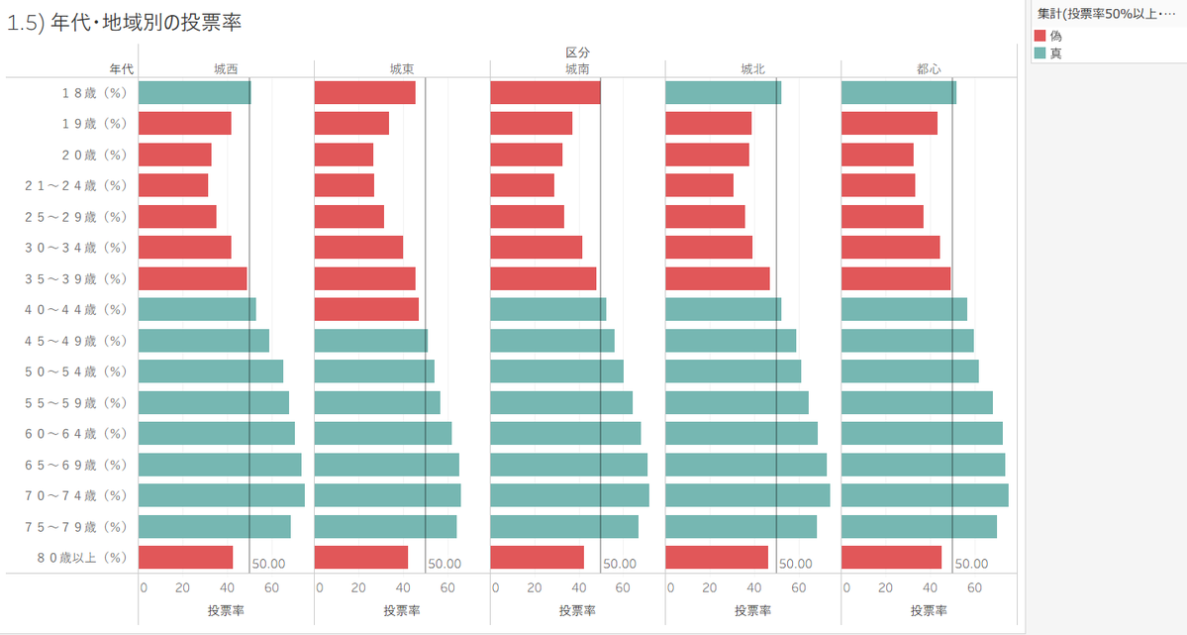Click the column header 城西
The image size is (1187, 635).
(226, 69)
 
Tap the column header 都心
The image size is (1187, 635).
(929, 69)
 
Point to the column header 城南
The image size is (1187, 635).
(577, 69)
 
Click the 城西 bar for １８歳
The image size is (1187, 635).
(194, 93)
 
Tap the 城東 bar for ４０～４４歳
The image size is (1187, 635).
(366, 310)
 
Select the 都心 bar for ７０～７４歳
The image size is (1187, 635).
(925, 495)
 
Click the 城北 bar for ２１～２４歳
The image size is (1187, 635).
(699, 185)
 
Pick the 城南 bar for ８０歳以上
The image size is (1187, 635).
(537, 558)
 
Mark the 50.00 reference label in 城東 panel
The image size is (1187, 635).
(445, 564)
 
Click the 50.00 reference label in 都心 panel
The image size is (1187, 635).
(971, 564)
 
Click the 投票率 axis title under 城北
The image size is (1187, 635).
(752, 610)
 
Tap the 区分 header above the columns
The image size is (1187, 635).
(577, 52)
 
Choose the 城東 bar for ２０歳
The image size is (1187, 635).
(344, 155)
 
